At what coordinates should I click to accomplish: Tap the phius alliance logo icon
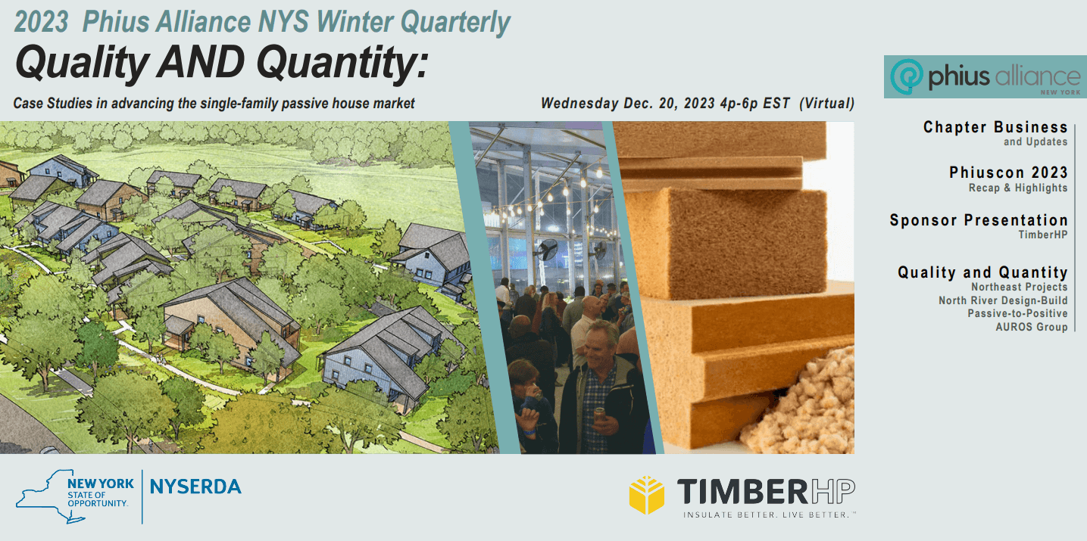pyautogui.click(x=905, y=76)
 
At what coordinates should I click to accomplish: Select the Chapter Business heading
pyautogui.click(x=995, y=127)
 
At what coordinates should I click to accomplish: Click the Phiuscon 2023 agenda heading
pyautogui.click(x=1008, y=173)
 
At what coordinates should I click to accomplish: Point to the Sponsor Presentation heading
pyautogui.click(x=979, y=220)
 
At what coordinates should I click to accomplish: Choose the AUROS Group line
pyautogui.click(x=1031, y=327)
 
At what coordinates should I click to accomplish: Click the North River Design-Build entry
pyautogui.click(x=1003, y=300)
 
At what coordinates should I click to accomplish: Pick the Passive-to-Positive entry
pyautogui.click(x=1017, y=313)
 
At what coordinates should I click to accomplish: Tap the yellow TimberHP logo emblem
pyautogui.click(x=646, y=495)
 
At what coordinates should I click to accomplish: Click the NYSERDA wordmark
pyautogui.click(x=195, y=487)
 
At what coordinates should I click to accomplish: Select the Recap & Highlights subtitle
pyautogui.click(x=1017, y=188)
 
